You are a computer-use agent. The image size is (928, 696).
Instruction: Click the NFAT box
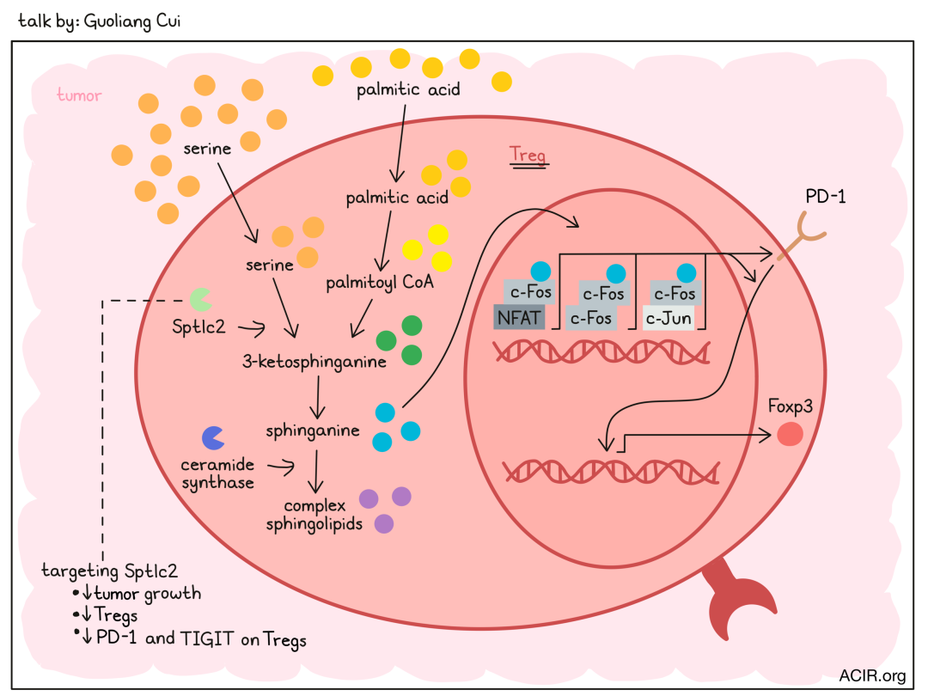point(518,318)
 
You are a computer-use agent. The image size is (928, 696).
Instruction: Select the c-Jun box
point(669,319)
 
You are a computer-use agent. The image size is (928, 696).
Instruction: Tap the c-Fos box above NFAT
point(529,292)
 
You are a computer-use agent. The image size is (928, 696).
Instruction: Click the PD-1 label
point(826,197)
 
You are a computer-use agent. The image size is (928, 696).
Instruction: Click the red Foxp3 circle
point(790,434)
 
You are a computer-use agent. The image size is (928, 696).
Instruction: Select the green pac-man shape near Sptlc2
point(200,300)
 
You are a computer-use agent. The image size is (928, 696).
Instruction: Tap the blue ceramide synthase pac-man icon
point(213,438)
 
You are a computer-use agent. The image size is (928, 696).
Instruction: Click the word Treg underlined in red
point(528,155)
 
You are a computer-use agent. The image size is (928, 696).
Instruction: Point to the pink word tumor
point(79,95)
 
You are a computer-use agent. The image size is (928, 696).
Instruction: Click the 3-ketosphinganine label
point(314,362)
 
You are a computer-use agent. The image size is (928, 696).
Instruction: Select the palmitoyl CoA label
point(380,283)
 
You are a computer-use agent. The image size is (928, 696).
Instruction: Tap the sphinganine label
point(313,430)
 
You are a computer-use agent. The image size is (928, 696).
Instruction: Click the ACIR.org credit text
point(872,676)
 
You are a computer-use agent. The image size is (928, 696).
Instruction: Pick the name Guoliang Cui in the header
point(132,21)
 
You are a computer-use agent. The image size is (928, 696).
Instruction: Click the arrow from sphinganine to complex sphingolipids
point(316,472)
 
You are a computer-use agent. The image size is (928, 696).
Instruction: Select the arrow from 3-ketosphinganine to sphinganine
point(318,398)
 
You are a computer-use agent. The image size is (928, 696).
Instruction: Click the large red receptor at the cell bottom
point(738,600)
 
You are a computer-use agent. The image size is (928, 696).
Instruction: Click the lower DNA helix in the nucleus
point(611,473)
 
